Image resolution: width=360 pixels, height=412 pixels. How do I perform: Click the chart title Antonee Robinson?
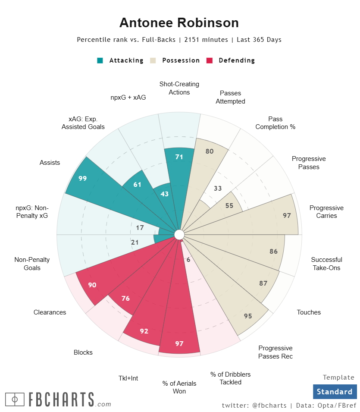179,22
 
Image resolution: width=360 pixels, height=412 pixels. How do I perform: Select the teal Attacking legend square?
100,60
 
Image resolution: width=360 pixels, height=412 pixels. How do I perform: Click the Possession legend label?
181,60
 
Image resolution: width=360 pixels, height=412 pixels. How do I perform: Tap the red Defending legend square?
210,60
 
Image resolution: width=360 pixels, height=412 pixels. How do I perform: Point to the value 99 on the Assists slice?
83,178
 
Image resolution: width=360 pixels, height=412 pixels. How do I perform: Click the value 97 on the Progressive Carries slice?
287,215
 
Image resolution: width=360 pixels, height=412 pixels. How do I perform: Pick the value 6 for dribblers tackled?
188,259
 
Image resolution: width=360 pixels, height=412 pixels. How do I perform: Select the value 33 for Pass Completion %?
218,188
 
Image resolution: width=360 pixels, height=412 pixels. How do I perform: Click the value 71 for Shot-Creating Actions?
179,157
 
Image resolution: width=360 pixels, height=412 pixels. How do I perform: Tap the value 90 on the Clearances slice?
92,285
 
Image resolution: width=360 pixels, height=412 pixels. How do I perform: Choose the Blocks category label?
83,352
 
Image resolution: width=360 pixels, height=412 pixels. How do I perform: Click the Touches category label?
309,312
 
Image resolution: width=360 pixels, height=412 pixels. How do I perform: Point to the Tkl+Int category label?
128,378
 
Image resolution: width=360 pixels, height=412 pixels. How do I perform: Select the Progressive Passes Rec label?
275,352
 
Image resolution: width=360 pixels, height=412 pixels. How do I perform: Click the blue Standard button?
335,392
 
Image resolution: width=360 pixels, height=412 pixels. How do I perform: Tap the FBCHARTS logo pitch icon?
15,399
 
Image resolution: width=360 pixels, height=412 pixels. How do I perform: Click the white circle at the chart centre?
179,235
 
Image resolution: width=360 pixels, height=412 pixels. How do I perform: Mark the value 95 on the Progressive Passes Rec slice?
248,316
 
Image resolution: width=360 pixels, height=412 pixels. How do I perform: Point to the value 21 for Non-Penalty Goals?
135,242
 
